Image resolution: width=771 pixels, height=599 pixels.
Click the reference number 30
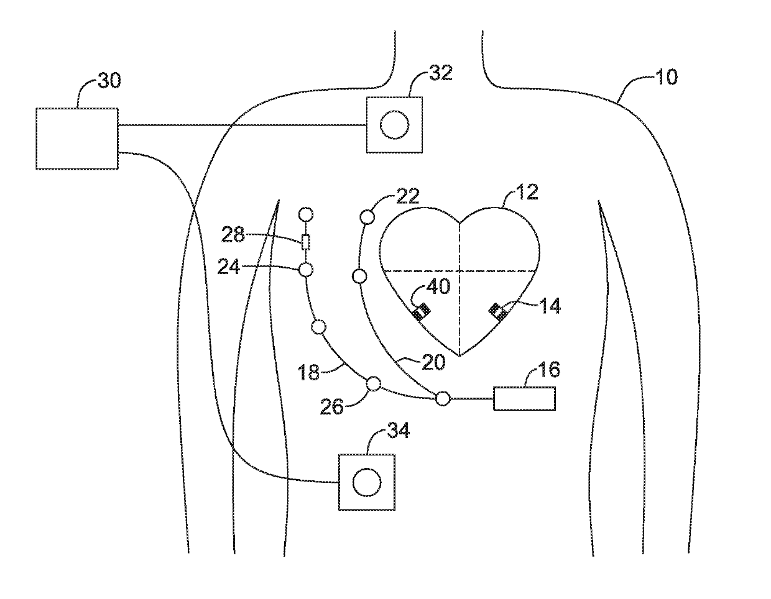110,80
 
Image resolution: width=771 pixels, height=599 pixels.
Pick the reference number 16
547,370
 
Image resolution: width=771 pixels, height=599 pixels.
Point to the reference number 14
549,306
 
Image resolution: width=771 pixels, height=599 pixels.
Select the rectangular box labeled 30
76,138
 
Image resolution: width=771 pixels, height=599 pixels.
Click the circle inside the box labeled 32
395,125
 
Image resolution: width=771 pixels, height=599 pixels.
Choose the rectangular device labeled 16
524,398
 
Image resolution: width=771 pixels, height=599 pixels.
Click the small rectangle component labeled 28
305,242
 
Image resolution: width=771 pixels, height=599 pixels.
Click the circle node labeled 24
305,270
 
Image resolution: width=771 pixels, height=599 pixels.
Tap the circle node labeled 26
374,384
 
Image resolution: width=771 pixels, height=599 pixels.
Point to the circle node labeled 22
367,217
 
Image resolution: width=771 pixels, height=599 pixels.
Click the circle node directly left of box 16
443,399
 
